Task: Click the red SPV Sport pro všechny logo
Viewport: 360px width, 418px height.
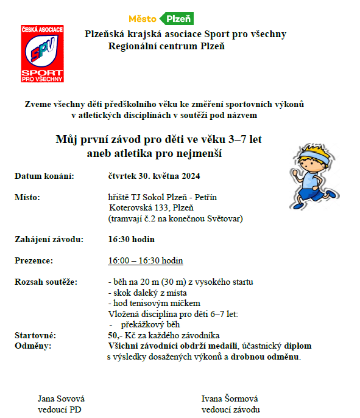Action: [42, 54]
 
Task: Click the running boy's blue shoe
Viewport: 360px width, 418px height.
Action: [331, 193]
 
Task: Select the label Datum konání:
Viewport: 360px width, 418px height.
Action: [44, 176]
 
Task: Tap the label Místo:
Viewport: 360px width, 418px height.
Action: [27, 197]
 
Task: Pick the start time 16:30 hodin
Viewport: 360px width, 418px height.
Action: [131, 239]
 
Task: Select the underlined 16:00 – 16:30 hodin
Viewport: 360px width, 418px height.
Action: [145, 260]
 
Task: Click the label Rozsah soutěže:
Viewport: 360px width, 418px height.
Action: [46, 282]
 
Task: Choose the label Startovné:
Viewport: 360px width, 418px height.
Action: [35, 335]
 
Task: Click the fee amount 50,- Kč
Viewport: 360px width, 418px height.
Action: [120, 335]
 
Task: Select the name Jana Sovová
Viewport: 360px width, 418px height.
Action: [62, 399]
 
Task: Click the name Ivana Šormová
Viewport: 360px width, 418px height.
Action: [229, 399]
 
